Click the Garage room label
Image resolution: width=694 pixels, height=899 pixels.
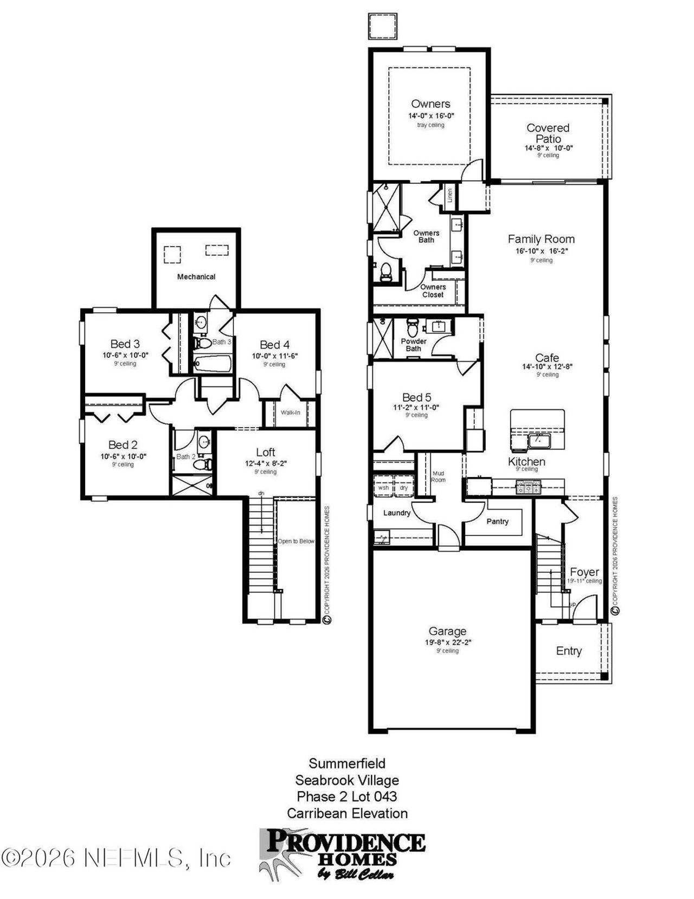point(447,631)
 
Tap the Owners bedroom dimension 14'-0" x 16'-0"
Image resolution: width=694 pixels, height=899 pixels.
point(431,116)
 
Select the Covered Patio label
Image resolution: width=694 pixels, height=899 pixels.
point(548,133)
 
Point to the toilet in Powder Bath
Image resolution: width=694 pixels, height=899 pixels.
point(413,328)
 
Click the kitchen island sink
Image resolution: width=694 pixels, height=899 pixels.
point(538,440)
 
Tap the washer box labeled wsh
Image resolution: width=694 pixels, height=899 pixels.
point(383,487)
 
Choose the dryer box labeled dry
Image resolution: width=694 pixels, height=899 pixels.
point(404,487)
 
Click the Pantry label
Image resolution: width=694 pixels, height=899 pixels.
point(497,521)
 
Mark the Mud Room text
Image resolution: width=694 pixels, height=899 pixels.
point(438,477)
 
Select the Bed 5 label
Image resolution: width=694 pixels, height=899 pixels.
point(416,397)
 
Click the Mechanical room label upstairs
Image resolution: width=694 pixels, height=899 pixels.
point(196,277)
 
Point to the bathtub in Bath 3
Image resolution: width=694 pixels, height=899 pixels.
point(213,364)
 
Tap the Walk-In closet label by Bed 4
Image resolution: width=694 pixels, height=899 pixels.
point(290,413)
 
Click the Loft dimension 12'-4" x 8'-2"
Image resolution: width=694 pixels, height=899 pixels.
point(266,464)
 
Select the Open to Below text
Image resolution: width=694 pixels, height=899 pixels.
point(296,541)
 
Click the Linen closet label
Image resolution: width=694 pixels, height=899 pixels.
point(450,196)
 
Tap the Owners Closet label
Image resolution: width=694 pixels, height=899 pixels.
point(433,291)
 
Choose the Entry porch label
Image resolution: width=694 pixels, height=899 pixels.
point(569,651)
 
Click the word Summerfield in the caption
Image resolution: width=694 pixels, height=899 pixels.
point(347,763)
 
